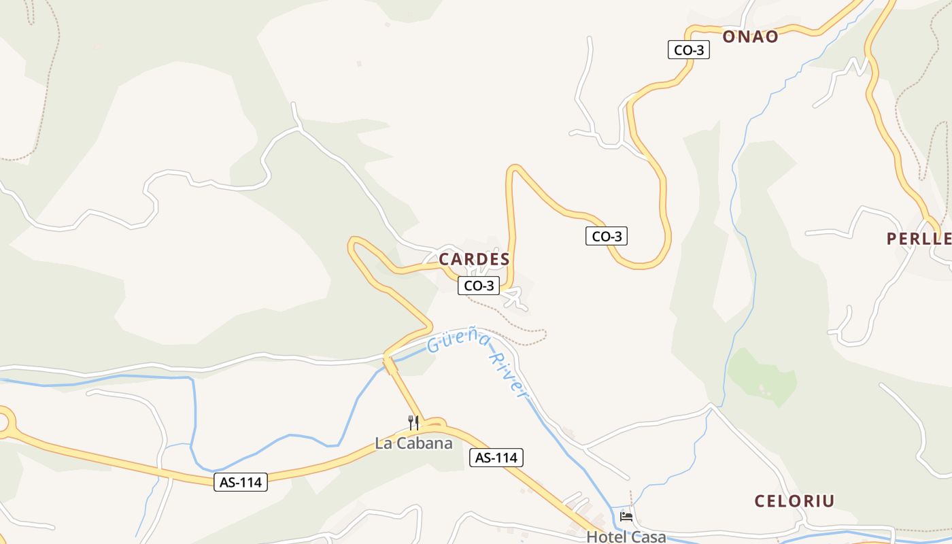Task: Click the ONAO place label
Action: point(750,37)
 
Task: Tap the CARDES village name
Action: point(474,259)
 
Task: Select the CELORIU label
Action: point(794,501)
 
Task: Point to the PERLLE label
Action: point(919,239)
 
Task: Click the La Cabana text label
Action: point(413,443)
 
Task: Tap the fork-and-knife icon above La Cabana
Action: point(413,422)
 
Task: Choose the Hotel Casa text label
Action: point(626,537)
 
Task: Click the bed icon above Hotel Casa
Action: point(626,517)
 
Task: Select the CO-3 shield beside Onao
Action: point(688,50)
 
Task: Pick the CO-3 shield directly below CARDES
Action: point(479,286)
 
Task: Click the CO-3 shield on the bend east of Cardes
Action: point(606,236)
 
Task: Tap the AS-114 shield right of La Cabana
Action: point(496,458)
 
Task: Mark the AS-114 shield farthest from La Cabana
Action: point(241,482)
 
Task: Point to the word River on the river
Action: point(510,374)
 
